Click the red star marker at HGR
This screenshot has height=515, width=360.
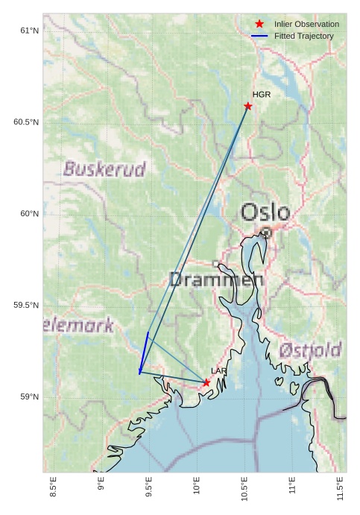(248, 106)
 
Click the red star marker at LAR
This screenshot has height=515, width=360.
(206, 382)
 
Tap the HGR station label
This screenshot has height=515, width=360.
(262, 95)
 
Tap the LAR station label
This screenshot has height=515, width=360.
(219, 370)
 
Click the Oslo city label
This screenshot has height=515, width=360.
(265, 212)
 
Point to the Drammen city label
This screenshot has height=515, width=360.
(216, 280)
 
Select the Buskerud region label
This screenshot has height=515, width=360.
(104, 169)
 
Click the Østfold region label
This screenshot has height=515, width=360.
(311, 350)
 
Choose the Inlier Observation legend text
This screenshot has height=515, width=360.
(306, 25)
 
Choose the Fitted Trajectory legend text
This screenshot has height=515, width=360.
(304, 36)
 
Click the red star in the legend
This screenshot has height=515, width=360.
(259, 25)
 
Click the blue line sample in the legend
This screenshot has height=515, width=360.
(259, 36)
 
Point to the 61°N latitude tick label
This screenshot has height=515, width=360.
(28, 31)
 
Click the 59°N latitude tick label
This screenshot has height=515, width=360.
(28, 397)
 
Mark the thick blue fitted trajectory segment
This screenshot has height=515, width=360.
(144, 352)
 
